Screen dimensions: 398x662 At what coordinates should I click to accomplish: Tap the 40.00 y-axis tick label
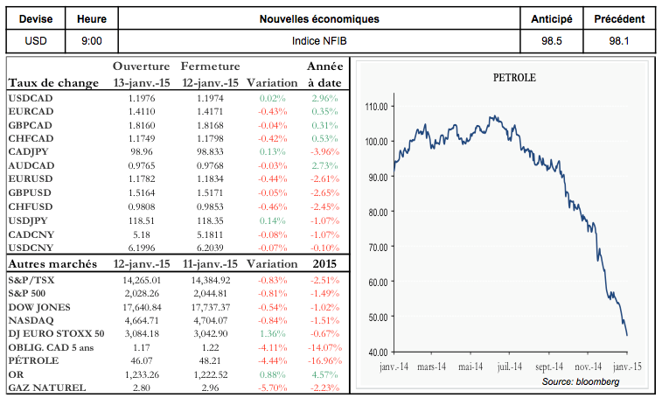point(377,352)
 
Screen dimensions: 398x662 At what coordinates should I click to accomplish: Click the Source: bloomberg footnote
point(581,382)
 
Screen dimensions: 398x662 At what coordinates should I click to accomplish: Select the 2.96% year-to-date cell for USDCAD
point(324,98)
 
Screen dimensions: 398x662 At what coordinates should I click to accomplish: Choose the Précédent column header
point(619,18)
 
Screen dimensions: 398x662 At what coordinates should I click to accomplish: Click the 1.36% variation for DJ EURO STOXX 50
point(273,333)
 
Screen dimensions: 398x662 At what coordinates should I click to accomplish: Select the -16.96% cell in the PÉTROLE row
point(322,360)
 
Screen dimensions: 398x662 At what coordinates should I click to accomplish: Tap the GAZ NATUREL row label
point(46,386)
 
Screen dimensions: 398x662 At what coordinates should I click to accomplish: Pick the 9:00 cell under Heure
point(91,40)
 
